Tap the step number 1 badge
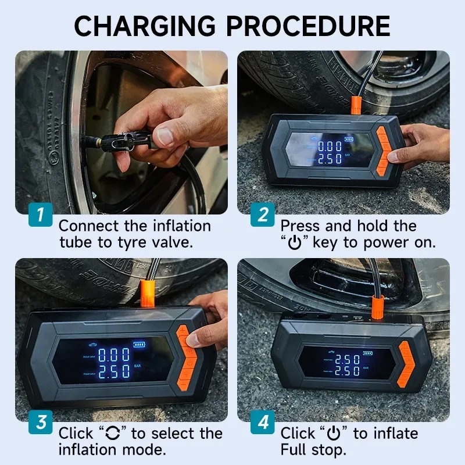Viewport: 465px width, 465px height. coord(40,215)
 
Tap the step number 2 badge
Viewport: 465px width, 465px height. coord(262,215)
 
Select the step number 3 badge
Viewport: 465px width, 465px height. coord(40,423)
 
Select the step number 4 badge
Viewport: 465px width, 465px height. coord(262,423)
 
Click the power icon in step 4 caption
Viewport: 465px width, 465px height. coord(334,434)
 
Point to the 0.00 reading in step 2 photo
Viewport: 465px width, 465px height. coord(330,146)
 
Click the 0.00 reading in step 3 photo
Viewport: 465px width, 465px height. coord(114,355)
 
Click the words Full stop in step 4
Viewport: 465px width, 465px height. coord(313,450)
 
